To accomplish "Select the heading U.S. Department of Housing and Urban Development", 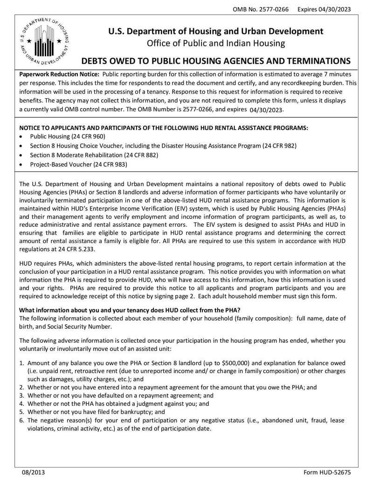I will pyautogui.click(x=215, y=31).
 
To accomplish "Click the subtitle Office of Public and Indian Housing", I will pyautogui.click(x=215, y=43).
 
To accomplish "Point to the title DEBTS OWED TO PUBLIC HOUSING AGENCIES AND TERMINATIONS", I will pyautogui.click(x=215, y=61).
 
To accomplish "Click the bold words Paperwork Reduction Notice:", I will pyautogui.click(x=59, y=75).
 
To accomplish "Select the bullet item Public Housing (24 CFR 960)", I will pyautogui.click(x=68, y=136).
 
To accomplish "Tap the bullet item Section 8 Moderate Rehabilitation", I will pyautogui.click(x=94, y=155).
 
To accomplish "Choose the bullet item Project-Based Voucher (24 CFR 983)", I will pyautogui.click(x=78, y=164).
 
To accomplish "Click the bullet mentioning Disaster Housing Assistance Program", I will pyautogui.click(x=163, y=146).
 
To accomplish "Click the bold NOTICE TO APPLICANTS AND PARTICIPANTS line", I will pyautogui.click(x=163, y=127).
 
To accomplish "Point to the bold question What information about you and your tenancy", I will pyautogui.click(x=129, y=311).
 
